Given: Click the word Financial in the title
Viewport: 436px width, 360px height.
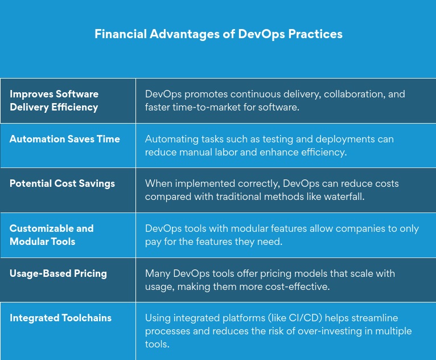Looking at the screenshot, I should click(120, 34).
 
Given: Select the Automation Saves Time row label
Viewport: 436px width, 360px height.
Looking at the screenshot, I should click(65, 139).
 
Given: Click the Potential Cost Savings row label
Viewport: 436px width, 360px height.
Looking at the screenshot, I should click(62, 183).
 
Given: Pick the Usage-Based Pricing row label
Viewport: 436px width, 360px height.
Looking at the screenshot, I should click(58, 273).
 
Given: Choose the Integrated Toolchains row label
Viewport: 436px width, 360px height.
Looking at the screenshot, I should click(60, 318).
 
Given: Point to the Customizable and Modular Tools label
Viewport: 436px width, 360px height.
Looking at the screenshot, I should click(51, 235).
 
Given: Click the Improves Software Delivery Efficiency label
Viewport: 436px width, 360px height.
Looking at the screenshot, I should click(54, 100).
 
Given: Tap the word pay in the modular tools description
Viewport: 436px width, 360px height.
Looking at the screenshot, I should click(154, 242).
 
